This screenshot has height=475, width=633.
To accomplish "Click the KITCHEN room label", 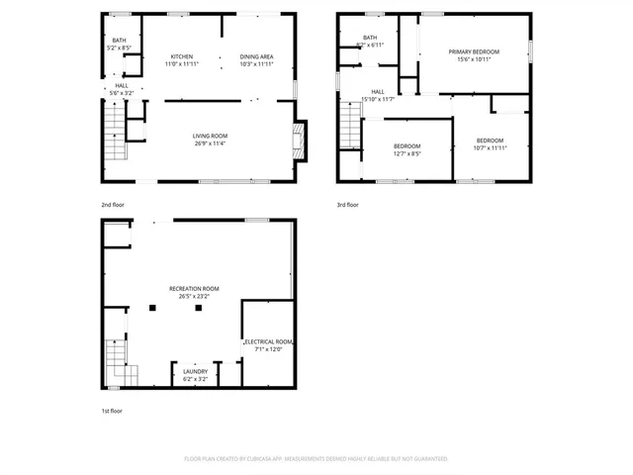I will pos(181,56).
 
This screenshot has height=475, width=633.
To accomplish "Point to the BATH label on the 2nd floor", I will pos(119,41).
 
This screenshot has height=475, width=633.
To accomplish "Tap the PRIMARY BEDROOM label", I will pos(474,51).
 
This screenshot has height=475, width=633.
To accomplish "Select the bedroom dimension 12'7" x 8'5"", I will pos(407,153).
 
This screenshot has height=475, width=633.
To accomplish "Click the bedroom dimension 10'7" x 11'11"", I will pos(490,147).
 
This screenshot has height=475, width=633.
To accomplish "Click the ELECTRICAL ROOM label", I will pos(269,341).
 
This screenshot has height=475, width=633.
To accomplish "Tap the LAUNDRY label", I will pos(195,372).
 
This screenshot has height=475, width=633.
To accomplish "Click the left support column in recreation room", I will pos(151,308).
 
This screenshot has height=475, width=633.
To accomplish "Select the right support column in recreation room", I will pos(199,308).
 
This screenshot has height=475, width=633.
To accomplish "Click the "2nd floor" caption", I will pos(113,205).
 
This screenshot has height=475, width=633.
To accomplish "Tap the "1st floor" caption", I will pos(112,411).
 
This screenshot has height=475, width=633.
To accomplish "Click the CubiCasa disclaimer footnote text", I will pos(316,459).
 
